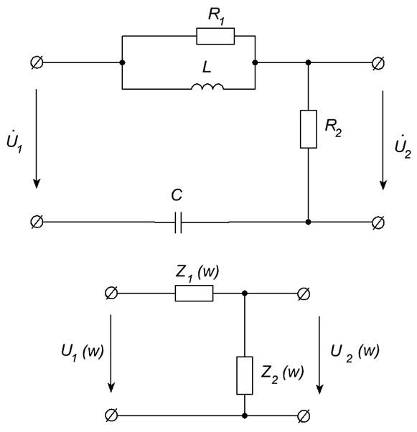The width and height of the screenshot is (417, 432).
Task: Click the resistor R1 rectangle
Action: [x=215, y=36]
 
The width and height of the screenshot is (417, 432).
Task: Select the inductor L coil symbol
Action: [x=207, y=86]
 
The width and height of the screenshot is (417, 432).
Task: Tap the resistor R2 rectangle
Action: [x=309, y=129]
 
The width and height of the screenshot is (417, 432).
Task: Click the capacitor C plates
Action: [x=178, y=222]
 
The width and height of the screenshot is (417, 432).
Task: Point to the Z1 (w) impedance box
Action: [x=194, y=293]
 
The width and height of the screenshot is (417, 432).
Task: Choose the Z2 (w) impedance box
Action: [x=245, y=375]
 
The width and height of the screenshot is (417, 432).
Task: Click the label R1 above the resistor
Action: [x=216, y=17]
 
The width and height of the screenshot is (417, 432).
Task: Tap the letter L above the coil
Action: [x=207, y=67]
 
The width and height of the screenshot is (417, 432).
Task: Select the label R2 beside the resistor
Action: [x=333, y=128]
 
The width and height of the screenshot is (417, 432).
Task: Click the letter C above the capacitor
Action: [x=177, y=194]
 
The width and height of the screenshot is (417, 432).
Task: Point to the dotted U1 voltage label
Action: [x=14, y=143]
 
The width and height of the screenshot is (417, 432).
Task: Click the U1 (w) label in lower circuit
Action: [x=82, y=352]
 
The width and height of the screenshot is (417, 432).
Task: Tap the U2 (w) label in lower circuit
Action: [x=355, y=353]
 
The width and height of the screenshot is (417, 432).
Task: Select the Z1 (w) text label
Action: [x=197, y=273]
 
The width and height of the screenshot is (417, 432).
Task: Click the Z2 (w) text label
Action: [x=282, y=374]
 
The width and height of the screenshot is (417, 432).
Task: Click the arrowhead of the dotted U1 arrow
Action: [x=37, y=184]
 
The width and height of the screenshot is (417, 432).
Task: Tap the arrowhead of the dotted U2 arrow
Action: [x=383, y=185]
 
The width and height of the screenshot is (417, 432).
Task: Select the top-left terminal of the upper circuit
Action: [x=37, y=62]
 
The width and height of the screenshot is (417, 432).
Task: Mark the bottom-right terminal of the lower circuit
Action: [x=304, y=415]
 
